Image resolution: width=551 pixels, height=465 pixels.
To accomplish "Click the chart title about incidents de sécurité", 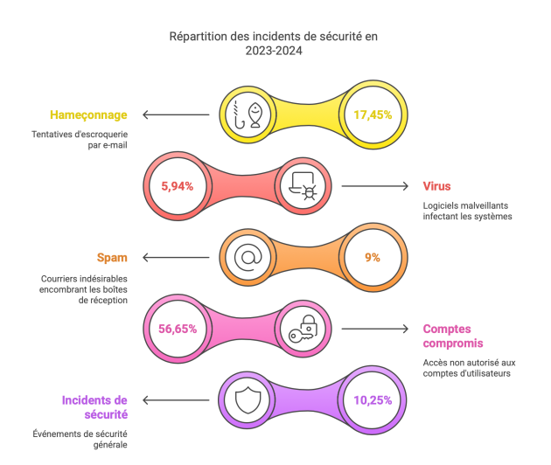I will (275, 44).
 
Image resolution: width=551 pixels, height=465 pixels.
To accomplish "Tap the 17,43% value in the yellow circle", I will (372, 115).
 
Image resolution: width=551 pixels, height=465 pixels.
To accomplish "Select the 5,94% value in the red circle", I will (178, 186).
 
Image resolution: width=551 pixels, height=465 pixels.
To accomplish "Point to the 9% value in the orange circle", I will (372, 258).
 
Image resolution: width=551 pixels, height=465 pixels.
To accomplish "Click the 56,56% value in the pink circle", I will (178, 330).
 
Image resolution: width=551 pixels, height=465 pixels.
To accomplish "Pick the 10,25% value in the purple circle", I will (372, 400).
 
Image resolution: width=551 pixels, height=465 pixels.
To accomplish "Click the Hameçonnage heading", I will (89, 115).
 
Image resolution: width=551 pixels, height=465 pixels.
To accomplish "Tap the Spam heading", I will (113, 258).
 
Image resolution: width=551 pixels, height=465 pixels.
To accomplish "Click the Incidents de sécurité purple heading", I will (95, 407).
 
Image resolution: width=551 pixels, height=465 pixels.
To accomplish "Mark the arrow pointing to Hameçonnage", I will (176, 115).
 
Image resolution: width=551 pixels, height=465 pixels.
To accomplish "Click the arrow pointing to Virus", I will (374, 186).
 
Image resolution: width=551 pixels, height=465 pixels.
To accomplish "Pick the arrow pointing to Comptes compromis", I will (374, 330).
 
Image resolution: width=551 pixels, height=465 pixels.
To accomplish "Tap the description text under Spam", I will (85, 289).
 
